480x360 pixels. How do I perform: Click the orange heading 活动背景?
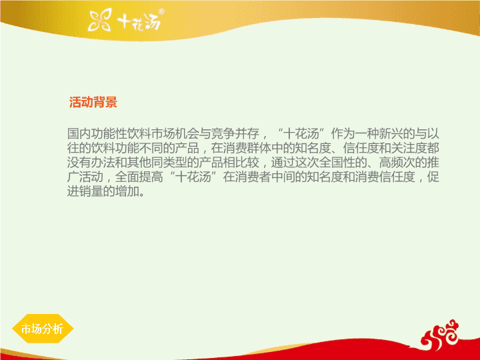point(93,102)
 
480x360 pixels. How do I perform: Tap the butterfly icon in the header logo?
point(100,20)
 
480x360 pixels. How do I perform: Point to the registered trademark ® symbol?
point(161,11)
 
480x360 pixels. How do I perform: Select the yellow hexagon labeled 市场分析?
point(43,329)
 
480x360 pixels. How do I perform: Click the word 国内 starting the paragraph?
point(79,133)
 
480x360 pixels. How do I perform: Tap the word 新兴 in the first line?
point(391,133)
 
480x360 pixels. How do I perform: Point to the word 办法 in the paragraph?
point(103,162)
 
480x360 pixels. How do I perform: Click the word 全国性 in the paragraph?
point(337,162)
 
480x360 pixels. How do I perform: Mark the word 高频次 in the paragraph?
point(397,162)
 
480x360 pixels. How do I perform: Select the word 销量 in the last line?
point(91,191)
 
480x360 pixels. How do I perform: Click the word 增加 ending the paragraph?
point(127,191)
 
